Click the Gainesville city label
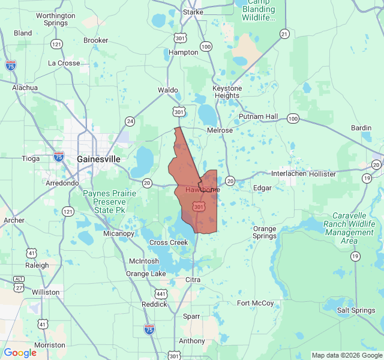click(98, 159)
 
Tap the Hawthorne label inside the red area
click(202, 190)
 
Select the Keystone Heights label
click(227, 92)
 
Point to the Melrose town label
click(220, 130)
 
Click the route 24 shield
click(130, 121)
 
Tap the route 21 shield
click(284, 34)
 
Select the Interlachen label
click(289, 174)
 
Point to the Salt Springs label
click(356, 310)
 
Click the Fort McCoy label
click(255, 303)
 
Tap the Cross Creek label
click(169, 242)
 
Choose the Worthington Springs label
click(56, 19)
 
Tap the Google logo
click(20, 353)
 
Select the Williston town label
click(46, 292)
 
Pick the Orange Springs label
click(264, 232)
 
